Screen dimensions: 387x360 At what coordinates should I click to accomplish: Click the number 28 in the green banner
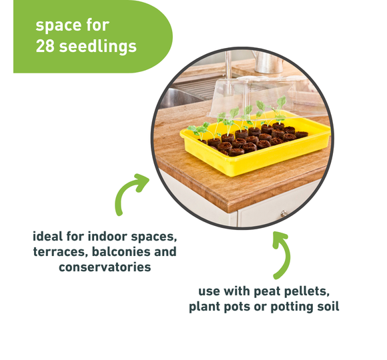(45, 46)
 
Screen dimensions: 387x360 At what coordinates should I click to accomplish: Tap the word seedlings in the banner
(98, 47)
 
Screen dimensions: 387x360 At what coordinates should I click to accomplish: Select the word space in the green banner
(58, 25)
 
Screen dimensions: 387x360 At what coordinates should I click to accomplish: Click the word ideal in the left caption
(47, 236)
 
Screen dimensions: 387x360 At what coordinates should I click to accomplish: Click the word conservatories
(105, 267)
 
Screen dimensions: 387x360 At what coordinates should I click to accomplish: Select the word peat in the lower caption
(267, 291)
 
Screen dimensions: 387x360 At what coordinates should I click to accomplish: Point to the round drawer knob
(284, 213)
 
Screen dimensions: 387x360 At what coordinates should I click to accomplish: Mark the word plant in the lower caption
(205, 307)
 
